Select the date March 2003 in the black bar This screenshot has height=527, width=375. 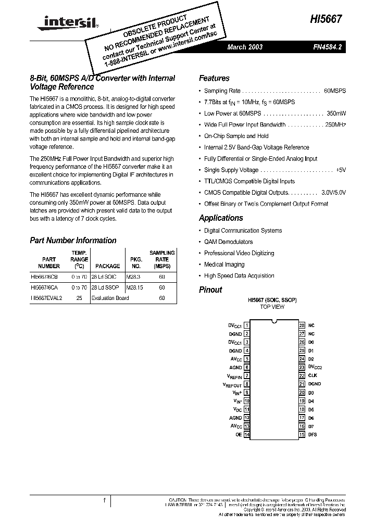click(245, 47)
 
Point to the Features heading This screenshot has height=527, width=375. click(214, 78)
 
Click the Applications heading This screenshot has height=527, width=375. click(221, 218)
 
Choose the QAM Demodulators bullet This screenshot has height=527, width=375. click(228, 242)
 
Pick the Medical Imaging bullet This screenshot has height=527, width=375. click(224, 265)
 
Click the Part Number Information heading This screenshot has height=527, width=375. click(73, 241)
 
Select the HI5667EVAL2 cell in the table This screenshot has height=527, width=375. click(46, 298)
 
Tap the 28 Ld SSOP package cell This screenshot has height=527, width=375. click(105, 287)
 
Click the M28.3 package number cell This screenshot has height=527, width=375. click(134, 277)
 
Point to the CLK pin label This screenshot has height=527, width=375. click(312, 375)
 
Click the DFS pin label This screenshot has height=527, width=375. click(312, 434)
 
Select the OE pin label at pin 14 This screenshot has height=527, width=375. click(239, 434)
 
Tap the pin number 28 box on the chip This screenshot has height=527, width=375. click(302, 325)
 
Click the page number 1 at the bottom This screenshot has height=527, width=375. click(105, 501)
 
